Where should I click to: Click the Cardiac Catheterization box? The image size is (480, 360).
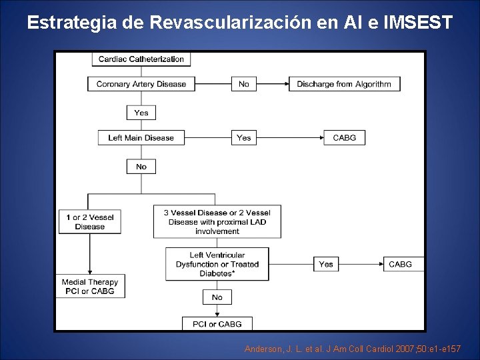coord(141,59)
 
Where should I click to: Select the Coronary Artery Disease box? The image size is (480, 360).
coord(141,84)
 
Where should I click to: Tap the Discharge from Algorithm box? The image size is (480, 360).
coord(344,84)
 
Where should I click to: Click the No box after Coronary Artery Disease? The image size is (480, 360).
coord(244,84)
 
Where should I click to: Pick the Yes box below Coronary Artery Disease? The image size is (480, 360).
coord(141,113)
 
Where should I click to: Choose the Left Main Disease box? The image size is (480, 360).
coord(141,138)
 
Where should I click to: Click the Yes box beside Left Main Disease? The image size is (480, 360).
coord(244,138)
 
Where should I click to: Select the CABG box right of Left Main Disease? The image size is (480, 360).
coord(344,138)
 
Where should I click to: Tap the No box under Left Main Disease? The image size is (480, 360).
coord(141,167)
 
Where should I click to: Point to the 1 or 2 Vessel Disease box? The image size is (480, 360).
coord(90,222)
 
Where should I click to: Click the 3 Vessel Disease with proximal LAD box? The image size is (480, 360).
coord(217,221)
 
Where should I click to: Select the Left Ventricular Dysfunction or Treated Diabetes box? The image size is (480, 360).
coord(217,264)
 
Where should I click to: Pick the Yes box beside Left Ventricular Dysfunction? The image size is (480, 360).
coord(326,264)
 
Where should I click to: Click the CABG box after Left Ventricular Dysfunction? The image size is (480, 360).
coord(400,264)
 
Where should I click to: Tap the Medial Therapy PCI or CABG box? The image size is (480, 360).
coord(90,287)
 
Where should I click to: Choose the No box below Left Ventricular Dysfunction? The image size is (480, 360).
coord(217,297)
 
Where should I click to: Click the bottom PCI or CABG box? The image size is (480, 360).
coord(217,324)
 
